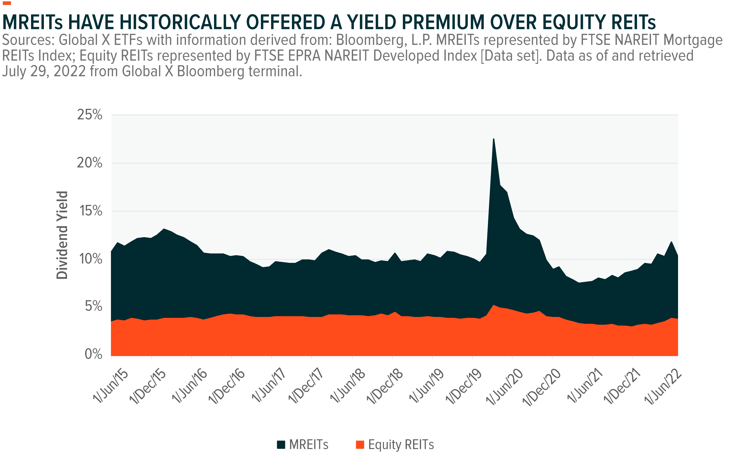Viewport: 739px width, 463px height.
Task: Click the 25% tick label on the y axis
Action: click(89, 115)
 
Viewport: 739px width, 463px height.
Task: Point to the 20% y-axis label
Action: click(89, 163)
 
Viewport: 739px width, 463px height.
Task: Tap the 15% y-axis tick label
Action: click(90, 211)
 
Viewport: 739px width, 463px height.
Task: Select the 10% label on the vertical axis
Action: click(90, 259)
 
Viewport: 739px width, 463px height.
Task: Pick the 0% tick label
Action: click(93, 354)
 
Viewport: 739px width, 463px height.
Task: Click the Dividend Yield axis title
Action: click(62, 235)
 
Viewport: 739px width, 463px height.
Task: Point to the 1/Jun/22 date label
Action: click(663, 387)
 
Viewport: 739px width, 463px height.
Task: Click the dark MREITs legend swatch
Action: click(281, 444)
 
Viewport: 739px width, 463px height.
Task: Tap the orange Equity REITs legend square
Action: click(360, 444)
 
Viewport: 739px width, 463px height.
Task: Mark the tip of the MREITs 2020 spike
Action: click(493, 139)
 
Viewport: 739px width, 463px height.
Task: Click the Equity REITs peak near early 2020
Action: click(493, 305)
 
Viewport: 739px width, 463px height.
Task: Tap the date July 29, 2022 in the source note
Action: click(44, 71)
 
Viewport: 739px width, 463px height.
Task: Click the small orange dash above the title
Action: click(6, 3)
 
